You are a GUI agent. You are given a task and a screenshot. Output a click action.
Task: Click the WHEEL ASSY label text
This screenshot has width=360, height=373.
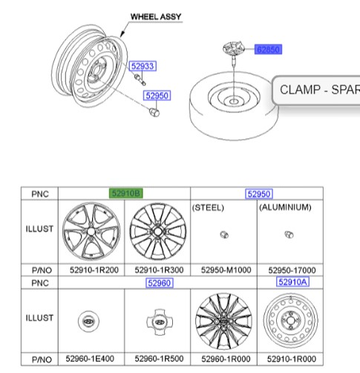(155, 16)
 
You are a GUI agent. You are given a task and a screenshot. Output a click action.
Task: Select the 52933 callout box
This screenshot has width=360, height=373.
(143, 67)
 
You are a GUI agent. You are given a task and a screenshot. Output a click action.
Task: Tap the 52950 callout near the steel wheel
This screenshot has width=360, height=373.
(157, 96)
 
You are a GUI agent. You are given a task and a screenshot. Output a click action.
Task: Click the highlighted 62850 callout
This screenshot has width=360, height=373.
(268, 50)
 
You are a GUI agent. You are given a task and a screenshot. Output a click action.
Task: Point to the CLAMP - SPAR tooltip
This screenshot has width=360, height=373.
(317, 91)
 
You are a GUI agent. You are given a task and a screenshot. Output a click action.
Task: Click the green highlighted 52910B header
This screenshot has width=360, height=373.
(125, 194)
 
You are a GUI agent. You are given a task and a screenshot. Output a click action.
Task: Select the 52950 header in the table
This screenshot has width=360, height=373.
(258, 194)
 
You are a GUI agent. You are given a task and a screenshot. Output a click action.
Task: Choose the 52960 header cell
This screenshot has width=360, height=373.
(158, 282)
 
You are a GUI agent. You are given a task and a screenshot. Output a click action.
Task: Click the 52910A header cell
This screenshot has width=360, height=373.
(292, 282)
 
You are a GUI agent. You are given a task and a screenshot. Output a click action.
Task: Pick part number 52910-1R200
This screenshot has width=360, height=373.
(91, 270)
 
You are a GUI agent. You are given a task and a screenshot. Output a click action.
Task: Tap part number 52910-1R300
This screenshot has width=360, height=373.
(157, 270)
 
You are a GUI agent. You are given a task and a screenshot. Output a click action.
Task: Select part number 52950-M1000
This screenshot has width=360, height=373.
(224, 270)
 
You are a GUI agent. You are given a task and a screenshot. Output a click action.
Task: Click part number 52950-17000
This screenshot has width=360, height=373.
(291, 270)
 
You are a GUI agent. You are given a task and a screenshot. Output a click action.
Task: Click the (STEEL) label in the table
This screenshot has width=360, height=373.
(209, 207)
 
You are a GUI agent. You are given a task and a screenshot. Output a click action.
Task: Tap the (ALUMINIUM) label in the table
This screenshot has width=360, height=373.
(285, 207)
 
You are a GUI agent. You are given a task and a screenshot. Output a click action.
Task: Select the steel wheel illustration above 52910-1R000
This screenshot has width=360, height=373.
(291, 322)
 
